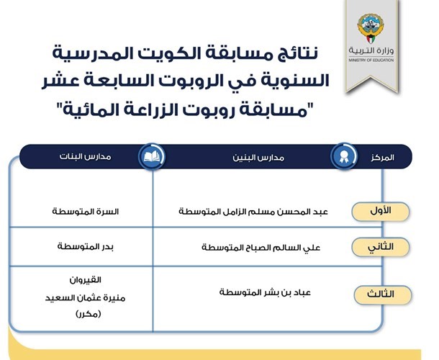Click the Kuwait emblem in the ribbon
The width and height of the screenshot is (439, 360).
[x=371, y=29]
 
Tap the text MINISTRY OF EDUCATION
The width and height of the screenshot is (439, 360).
[x=371, y=60]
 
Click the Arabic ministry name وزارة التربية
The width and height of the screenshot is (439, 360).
[x=371, y=50]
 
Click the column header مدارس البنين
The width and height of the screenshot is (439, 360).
[x=258, y=158]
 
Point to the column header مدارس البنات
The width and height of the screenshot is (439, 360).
[x=86, y=156]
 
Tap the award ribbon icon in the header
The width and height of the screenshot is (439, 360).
[x=343, y=157]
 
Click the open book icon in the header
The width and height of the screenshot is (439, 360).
[x=152, y=157]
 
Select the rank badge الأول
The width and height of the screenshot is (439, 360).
[x=380, y=212]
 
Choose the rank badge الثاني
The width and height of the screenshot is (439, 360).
[x=380, y=247]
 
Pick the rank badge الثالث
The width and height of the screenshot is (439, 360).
[x=382, y=294]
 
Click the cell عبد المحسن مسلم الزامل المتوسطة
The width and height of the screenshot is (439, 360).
[x=253, y=212]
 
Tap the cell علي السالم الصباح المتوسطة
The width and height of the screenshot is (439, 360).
[x=261, y=248]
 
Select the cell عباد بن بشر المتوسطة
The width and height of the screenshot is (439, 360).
[x=265, y=292]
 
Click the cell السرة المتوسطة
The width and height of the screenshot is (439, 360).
[x=86, y=212]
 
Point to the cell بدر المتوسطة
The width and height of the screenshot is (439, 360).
[x=86, y=246]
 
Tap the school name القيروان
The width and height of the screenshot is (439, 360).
[x=86, y=280]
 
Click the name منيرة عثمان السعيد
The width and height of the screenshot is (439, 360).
[x=86, y=298]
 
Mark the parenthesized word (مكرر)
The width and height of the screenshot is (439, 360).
[x=88, y=314]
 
